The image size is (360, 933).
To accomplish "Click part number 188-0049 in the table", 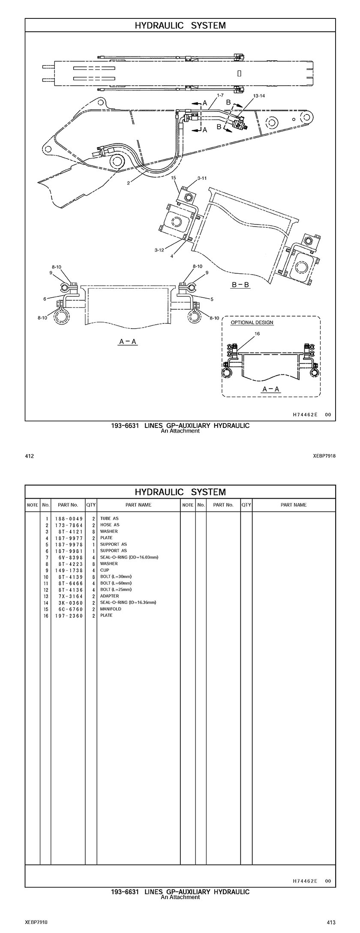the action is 69,519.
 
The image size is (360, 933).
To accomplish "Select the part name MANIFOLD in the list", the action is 111,609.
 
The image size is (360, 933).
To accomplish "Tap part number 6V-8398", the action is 69,557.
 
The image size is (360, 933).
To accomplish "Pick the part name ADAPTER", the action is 110,596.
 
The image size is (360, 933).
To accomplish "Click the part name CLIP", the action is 105,570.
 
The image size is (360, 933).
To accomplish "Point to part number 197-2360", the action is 69,616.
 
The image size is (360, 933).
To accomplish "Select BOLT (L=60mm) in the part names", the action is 116,583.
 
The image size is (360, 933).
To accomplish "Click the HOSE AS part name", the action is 110,525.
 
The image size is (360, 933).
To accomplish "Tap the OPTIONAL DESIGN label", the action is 252,323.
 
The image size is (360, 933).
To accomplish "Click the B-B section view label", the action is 241,285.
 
